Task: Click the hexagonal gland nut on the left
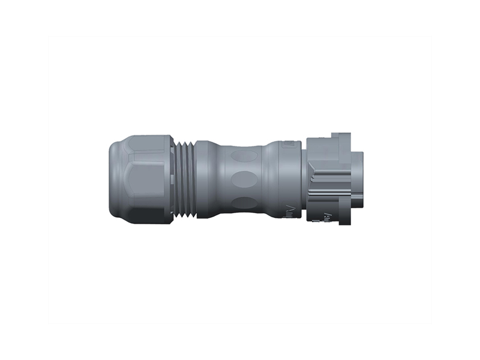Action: point(144,180)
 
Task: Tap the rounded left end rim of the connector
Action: point(113,180)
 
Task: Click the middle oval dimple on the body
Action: point(243,179)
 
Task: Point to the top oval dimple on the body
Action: point(243,157)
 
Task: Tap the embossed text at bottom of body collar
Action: point(289,211)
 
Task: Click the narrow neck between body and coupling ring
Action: point(303,180)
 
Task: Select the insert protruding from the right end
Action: point(358,180)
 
